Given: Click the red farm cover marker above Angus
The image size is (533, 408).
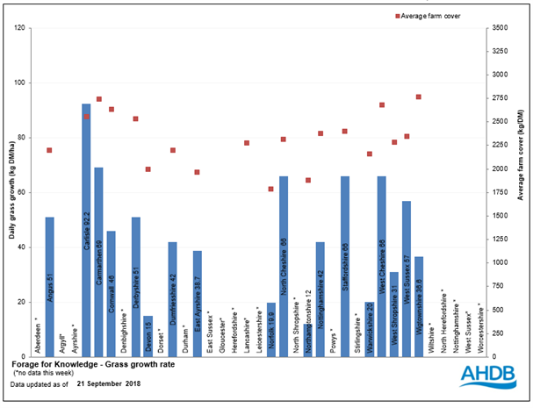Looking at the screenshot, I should [x=49, y=150].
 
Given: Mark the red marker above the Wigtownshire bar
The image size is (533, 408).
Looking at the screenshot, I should [x=419, y=97].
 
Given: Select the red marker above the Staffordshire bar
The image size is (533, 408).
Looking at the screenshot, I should [x=345, y=131].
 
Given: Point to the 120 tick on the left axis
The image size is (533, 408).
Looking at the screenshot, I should [x=21, y=28].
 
